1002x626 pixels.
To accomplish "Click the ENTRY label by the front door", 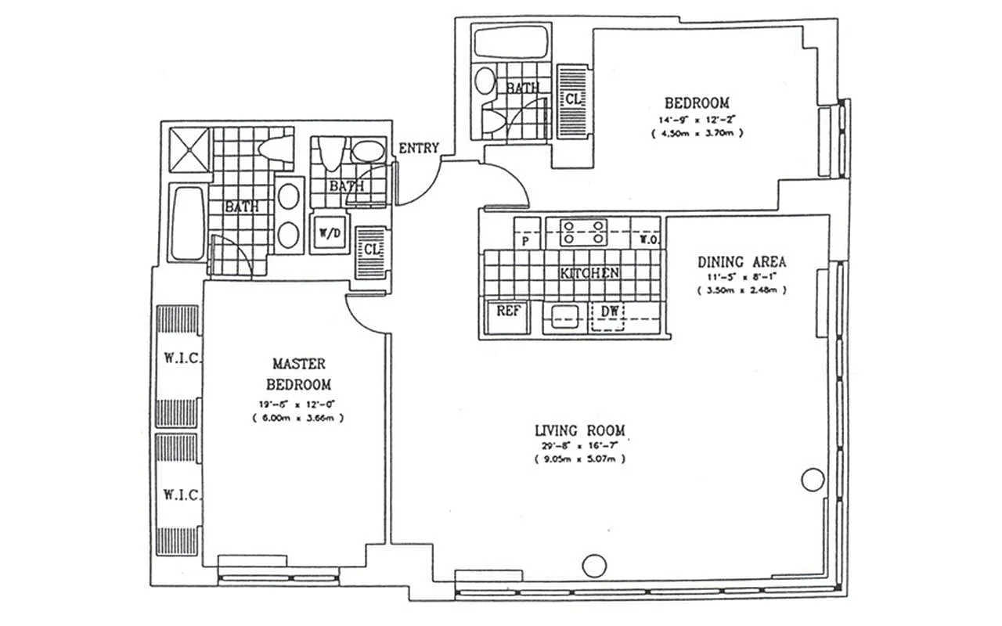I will coord(419,149).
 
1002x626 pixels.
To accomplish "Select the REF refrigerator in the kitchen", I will coord(509,311).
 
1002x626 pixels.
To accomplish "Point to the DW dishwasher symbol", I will coord(610,311).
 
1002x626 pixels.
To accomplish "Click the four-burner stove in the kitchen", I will coord(582,231).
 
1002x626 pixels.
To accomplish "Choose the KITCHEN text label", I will coord(589,273).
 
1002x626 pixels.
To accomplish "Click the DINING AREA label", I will coord(741,262).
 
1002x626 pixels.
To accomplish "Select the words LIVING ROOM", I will coord(579,430).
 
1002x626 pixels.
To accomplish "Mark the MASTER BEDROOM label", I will coord(298,374).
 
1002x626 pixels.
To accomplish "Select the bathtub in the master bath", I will coord(188,224).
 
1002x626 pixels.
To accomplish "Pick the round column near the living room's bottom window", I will coord(595,563).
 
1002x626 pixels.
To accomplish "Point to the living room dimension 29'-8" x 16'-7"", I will coord(579,445).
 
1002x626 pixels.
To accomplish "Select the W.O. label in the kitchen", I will coord(647,239).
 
